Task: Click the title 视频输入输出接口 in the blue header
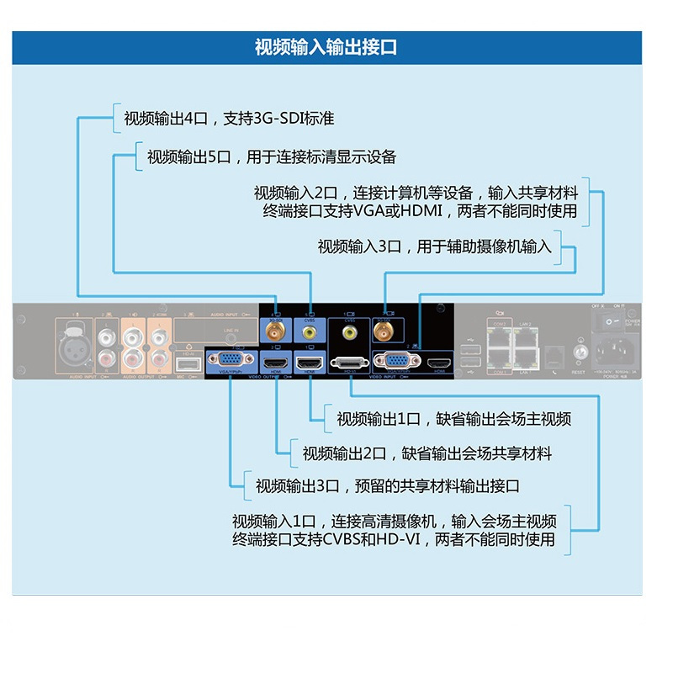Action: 326,47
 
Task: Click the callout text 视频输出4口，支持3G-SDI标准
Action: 229,119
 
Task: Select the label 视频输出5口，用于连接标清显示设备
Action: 271,157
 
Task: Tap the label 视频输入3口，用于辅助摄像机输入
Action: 434,246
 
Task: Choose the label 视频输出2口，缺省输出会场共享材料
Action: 427,453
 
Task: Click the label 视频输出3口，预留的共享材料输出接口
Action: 388,486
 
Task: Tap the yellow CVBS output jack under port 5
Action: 309,332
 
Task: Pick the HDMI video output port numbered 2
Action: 273,363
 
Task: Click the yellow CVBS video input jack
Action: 348,332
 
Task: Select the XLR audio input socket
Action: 73,337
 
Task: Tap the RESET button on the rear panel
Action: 579,353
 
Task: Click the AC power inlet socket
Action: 616,352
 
